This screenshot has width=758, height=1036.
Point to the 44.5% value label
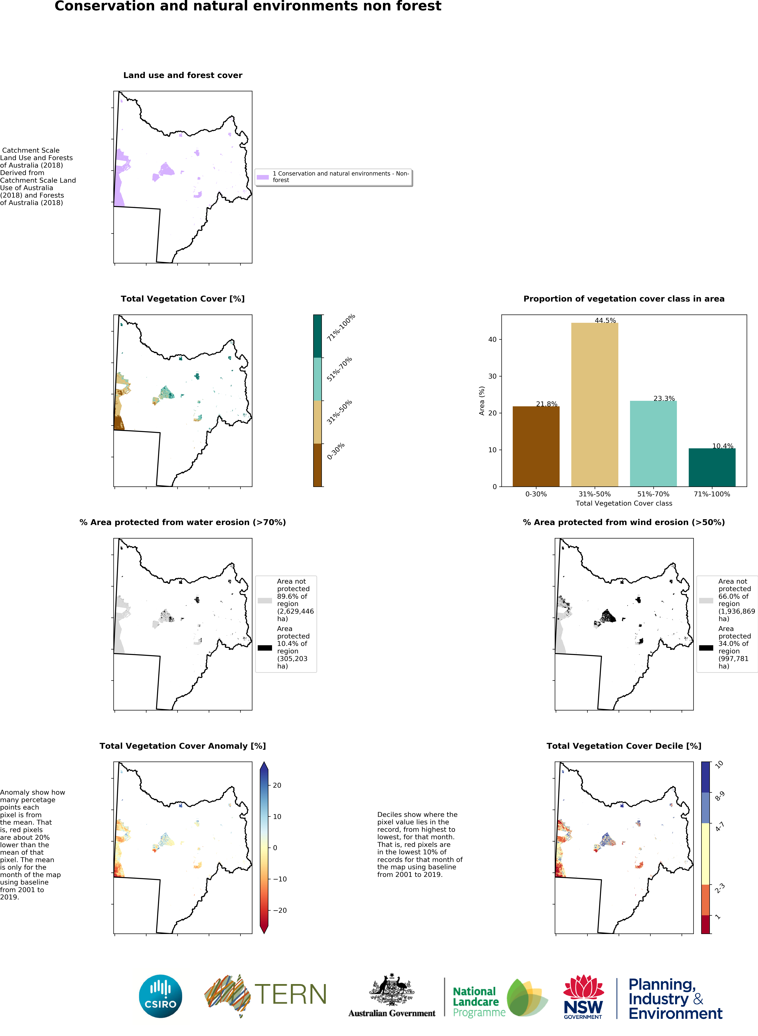click(605, 320)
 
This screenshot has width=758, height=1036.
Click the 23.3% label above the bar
click(664, 398)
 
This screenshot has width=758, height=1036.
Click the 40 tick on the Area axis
click(492, 339)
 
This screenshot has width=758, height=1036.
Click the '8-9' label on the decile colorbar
click(719, 796)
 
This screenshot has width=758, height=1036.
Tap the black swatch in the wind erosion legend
click(706, 648)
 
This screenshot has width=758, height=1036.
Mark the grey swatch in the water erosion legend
click(265, 601)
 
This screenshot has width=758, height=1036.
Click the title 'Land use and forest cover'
click(183, 75)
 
